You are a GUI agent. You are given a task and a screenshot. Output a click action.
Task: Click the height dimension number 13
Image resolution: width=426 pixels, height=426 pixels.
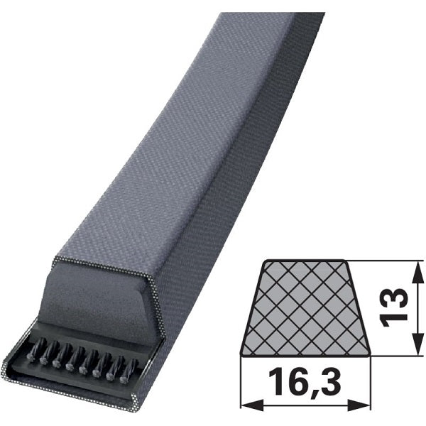click(x=394, y=307)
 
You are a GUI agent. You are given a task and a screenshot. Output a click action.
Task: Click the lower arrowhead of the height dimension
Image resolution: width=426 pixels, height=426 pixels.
click(x=418, y=342)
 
